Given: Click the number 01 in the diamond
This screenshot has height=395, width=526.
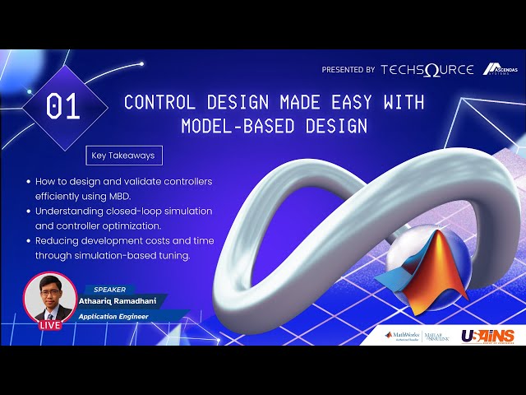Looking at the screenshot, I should tap(64, 108).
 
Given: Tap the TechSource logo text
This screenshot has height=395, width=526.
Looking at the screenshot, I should tap(427, 70).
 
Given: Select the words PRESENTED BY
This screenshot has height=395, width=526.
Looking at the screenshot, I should tap(348, 71).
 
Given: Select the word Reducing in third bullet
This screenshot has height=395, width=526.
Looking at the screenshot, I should tap(58, 241).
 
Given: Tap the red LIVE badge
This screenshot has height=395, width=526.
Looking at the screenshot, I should tap(50, 325).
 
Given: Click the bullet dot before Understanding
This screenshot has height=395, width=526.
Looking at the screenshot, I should tap(29, 211).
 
